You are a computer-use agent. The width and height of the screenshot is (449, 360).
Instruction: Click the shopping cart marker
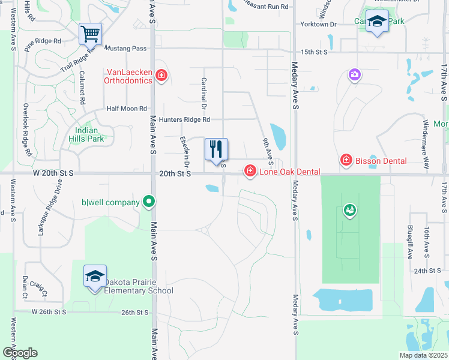(90, 34)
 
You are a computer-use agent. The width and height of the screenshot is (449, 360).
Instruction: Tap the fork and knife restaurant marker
(216, 149)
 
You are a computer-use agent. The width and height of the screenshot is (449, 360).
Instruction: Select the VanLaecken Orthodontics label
(127, 76)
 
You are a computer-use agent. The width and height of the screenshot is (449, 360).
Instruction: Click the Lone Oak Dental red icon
(249, 172)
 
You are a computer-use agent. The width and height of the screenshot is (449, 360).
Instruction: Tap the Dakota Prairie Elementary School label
(138, 286)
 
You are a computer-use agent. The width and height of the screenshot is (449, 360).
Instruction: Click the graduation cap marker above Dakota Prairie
(95, 276)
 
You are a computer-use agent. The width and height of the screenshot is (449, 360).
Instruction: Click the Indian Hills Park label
(89, 134)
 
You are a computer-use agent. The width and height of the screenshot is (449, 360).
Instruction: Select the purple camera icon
(355, 74)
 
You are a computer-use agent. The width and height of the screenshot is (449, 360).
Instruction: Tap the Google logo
(20, 352)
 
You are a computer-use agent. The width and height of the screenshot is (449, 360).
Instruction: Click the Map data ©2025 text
(423, 355)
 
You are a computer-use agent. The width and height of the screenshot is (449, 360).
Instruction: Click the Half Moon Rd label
(126, 109)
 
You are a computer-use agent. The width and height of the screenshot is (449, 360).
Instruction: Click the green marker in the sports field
(349, 210)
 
